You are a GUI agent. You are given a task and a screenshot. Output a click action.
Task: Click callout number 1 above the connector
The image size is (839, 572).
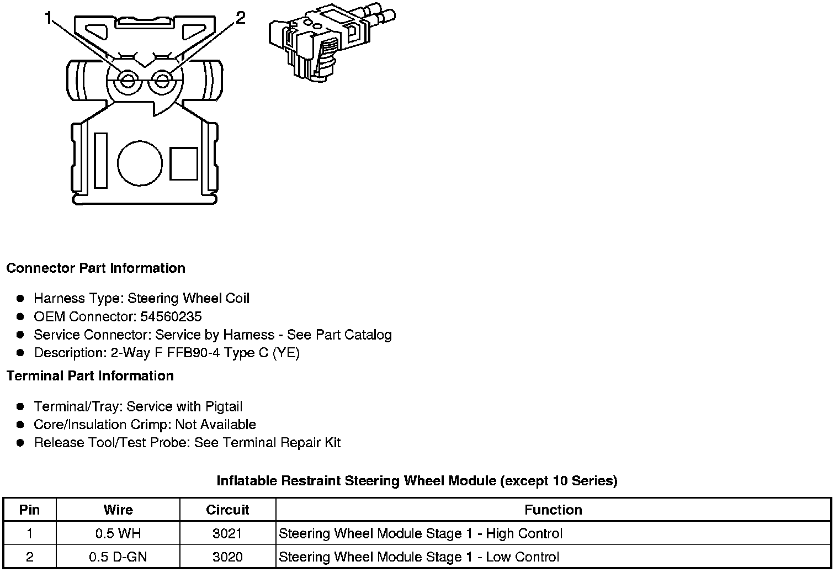pyautogui.click(x=49, y=19)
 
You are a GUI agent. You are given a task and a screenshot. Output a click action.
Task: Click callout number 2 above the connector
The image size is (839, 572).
pyautogui.click(x=240, y=18)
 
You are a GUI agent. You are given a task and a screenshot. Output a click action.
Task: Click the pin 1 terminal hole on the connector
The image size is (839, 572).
pyautogui.click(x=128, y=81)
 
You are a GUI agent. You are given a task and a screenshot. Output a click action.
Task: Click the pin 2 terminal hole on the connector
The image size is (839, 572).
pyautogui.click(x=162, y=81)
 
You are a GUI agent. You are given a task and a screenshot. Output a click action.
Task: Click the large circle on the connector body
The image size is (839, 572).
pyautogui.click(x=140, y=164)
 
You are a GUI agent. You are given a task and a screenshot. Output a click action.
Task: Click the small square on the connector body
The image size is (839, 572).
pyautogui.click(x=183, y=163)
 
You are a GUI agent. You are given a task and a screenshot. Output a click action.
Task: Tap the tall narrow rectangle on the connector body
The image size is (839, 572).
pyautogui.click(x=101, y=160)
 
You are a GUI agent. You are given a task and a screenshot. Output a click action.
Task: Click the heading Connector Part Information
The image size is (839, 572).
pyautogui.click(x=95, y=268)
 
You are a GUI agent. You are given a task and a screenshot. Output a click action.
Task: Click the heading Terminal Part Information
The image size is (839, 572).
pyautogui.click(x=90, y=376)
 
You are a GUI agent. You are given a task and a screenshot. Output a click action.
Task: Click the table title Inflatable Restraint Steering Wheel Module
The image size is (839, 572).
pyautogui.click(x=417, y=481)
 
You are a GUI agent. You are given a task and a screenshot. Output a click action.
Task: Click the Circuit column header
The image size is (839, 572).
pyautogui.click(x=227, y=510)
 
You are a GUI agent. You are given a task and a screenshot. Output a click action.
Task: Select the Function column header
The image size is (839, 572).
pyautogui.click(x=553, y=510)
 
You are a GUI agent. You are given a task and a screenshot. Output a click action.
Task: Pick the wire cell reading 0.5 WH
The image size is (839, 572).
pyautogui.click(x=118, y=533)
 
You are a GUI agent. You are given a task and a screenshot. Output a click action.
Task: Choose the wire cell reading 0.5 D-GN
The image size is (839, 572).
pyautogui.click(x=118, y=557)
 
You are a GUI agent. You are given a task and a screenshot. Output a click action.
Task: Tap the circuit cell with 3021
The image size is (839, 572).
pyautogui.click(x=227, y=533)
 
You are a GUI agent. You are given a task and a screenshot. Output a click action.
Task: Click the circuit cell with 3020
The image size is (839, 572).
pyautogui.click(x=227, y=557)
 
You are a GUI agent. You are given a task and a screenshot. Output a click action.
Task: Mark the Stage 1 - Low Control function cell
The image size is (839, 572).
pyautogui.click(x=419, y=557)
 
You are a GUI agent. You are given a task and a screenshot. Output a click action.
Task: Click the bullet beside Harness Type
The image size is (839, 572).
pyautogui.click(x=20, y=299)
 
